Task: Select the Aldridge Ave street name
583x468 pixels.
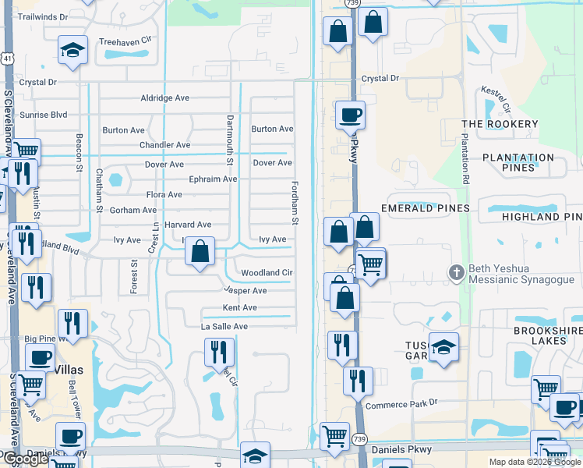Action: [x=164, y=98]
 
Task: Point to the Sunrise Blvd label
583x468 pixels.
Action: [x=43, y=115]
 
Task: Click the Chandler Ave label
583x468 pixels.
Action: [x=164, y=145]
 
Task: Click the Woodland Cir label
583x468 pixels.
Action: [x=266, y=273]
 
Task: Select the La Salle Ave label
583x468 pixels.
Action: [x=224, y=327]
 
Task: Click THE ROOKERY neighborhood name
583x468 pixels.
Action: [x=500, y=124]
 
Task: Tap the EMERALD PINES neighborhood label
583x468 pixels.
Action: [x=425, y=208]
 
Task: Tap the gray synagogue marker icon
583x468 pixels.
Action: [x=457, y=272]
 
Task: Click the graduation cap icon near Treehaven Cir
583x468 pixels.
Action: [x=72, y=50]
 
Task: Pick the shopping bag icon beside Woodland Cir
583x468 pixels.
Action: [x=200, y=252]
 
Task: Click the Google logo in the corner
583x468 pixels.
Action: [x=25, y=459]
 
